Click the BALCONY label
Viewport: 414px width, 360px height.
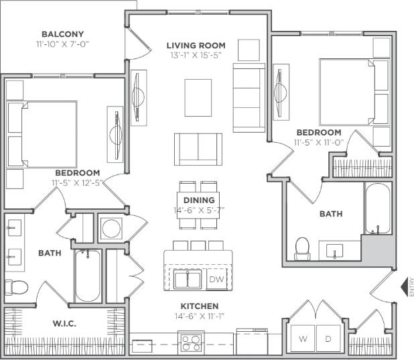coord(62,34)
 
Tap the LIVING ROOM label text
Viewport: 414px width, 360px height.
coord(196,46)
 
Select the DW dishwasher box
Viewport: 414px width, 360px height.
coord(216,278)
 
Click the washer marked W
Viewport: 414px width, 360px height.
coord(303,339)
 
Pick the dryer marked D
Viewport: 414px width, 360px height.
coord(328,339)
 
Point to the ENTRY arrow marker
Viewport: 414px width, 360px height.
coord(405,288)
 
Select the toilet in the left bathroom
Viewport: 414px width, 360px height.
coord(16,287)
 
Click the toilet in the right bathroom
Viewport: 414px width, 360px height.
coord(302,248)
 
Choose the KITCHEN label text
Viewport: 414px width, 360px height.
coord(199,306)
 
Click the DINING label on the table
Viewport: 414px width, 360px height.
coord(198,200)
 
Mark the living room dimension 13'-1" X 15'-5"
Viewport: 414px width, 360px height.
coord(196,56)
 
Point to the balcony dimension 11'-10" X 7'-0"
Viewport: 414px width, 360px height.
coord(62,44)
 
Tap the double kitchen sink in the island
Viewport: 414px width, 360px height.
coord(188,279)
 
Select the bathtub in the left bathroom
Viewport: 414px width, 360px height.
coord(87,276)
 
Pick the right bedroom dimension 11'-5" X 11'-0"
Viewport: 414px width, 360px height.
coord(319,143)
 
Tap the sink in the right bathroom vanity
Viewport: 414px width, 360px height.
coord(335,251)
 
